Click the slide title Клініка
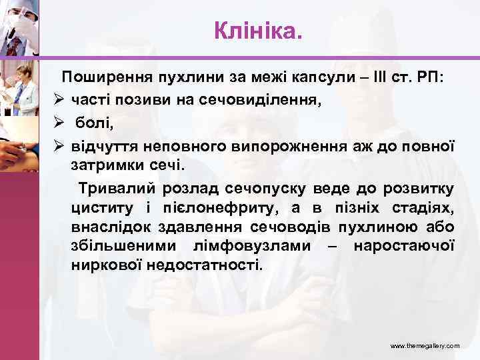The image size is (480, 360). point(258,29)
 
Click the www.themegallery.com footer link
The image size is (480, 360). point(425,347)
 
